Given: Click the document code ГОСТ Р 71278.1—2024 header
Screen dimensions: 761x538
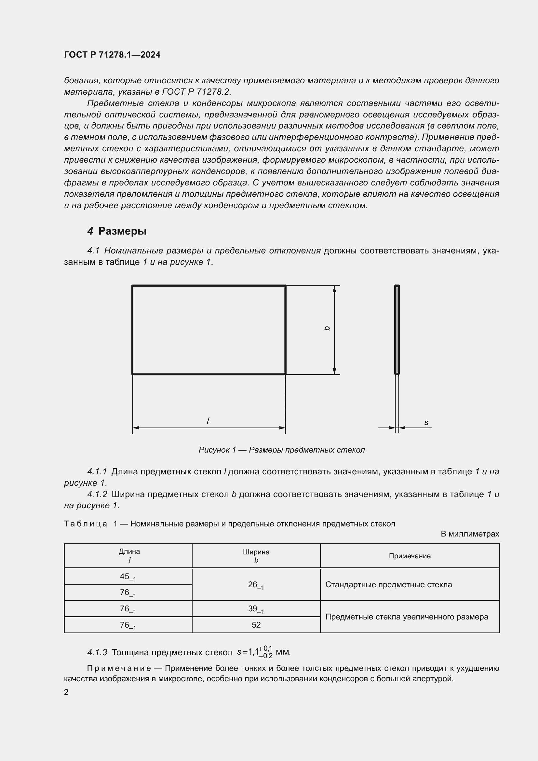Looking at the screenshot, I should click(x=112, y=55).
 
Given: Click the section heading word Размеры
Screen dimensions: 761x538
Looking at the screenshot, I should click(x=122, y=231).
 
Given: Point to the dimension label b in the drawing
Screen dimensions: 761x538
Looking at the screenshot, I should click(x=327, y=328).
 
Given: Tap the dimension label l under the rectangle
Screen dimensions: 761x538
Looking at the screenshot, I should click(x=208, y=421).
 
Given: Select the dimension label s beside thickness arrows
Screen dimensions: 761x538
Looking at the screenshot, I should click(x=426, y=423).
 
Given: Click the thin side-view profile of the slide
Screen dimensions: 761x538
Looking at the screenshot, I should click(x=397, y=330).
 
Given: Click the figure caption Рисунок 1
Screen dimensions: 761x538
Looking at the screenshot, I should click(x=281, y=450).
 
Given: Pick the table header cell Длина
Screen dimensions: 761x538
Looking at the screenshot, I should click(x=129, y=551).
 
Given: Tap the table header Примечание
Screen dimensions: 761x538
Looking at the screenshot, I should click(x=410, y=556).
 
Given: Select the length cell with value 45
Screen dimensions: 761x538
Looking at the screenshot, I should click(x=128, y=577).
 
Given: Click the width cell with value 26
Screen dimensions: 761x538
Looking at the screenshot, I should click(x=256, y=585).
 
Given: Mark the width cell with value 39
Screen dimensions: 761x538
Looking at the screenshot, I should click(x=256, y=609).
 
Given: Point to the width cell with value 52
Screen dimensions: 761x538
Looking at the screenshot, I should click(x=256, y=625).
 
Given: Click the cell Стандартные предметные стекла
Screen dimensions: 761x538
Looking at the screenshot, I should click(x=388, y=585).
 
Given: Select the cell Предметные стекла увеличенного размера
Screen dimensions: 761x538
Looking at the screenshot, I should click(x=407, y=617).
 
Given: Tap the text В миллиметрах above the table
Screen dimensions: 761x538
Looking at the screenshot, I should click(x=469, y=534).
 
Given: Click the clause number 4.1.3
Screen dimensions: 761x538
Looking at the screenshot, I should click(x=97, y=652).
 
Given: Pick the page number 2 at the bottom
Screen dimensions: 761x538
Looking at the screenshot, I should click(x=66, y=692).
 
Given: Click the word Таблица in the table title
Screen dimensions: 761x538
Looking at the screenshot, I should click(x=86, y=524).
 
